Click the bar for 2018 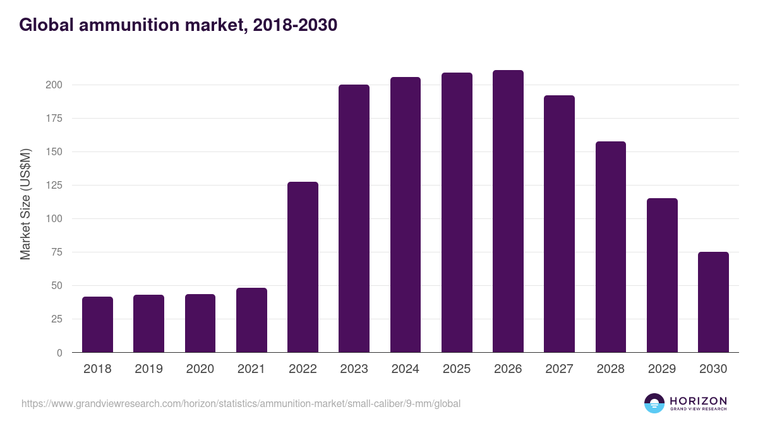tap(97, 324)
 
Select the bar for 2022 tap(303, 267)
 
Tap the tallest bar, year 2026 tap(508, 211)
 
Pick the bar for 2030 tap(713, 302)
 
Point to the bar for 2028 tap(610, 247)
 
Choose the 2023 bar tap(354, 218)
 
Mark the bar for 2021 tap(251, 320)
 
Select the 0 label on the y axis tap(59, 353)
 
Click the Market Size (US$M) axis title tap(25, 204)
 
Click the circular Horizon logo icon tap(654, 403)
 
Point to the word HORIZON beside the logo tap(698, 401)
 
